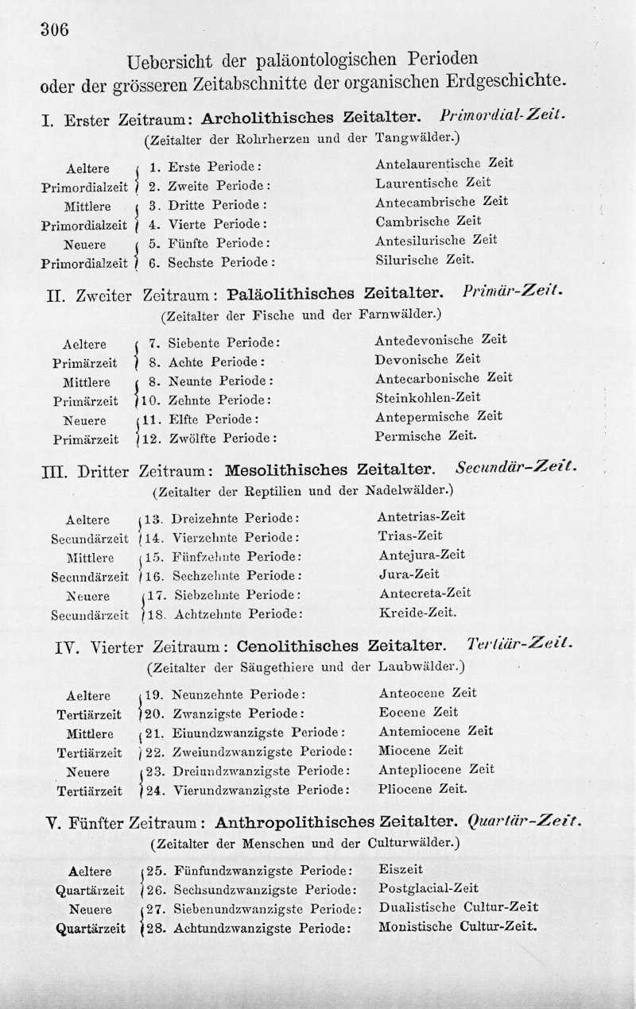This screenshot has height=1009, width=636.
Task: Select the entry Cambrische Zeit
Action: (429, 221)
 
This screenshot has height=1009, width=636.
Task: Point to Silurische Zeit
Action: (425, 259)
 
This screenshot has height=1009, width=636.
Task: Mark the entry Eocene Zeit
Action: (419, 712)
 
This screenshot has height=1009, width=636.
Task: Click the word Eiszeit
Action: (401, 869)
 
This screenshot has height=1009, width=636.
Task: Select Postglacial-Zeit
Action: (429, 888)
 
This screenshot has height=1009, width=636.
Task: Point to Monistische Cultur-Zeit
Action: (458, 926)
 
